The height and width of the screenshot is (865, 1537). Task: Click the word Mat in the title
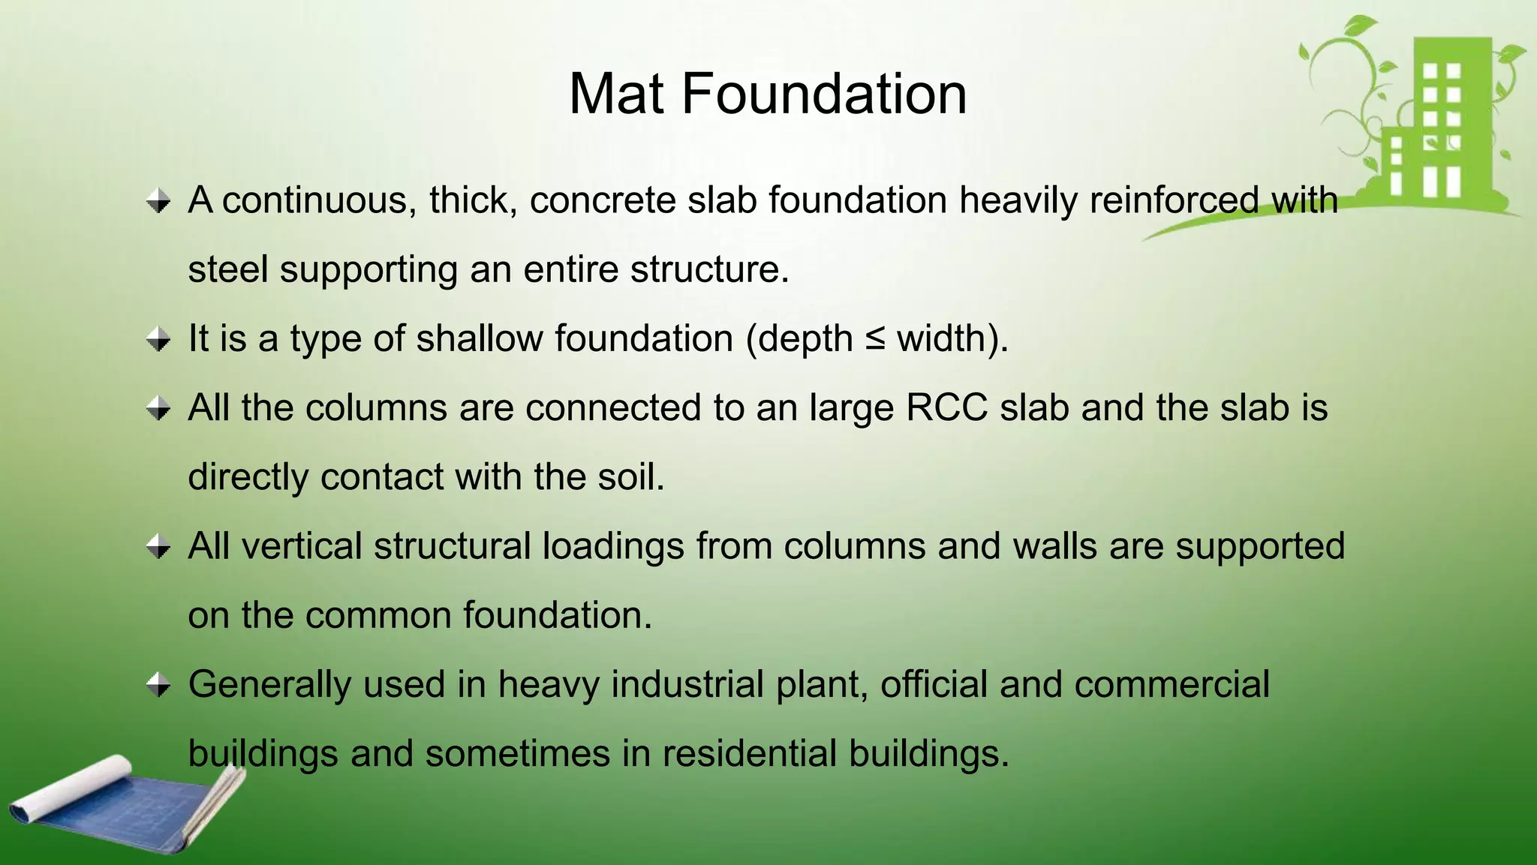(616, 95)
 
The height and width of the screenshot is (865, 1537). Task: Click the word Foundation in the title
(823, 95)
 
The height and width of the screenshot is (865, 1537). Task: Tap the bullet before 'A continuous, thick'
(158, 201)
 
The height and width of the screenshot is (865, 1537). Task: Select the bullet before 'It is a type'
(158, 340)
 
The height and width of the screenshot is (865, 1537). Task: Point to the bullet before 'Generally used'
(158, 685)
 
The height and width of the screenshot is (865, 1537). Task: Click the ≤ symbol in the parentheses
(874, 339)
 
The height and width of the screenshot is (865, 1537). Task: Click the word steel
(227, 269)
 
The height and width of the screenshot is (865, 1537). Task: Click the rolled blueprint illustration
(120, 806)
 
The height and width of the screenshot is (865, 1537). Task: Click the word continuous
(314, 200)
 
